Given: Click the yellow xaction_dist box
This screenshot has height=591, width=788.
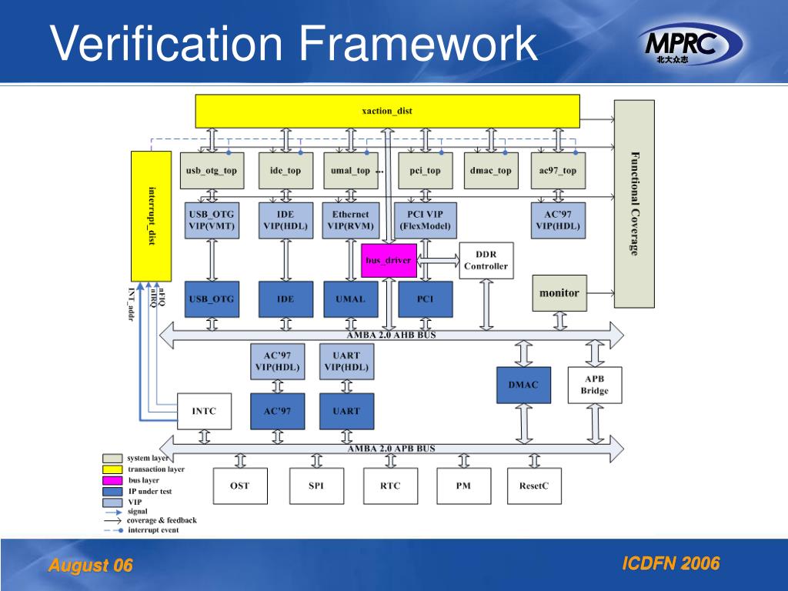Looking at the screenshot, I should coord(387,111).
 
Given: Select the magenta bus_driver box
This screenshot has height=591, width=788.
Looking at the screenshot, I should coord(389,260).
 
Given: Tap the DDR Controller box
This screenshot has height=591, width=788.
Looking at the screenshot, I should coord(486,260).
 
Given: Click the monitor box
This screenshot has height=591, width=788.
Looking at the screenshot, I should coord(559,292).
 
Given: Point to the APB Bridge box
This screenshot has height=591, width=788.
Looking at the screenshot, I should coord(594,385).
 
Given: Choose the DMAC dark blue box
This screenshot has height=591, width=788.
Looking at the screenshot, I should coord(523,385).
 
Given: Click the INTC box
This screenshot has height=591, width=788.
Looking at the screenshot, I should coord(204,411).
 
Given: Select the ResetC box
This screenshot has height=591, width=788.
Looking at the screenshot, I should coord(534,486).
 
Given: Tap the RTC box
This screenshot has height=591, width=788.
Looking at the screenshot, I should coord(389,486).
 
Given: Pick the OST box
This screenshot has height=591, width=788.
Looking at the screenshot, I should coord(239,486).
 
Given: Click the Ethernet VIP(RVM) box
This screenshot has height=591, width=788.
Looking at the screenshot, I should coord(350,220).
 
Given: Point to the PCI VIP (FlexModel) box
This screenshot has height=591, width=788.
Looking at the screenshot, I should coord(425,220).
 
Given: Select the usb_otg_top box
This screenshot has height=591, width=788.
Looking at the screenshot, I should coord(211,170).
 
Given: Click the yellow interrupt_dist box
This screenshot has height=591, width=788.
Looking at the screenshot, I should coord(152,216).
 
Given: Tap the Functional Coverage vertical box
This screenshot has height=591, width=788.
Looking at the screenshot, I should coord(633,203).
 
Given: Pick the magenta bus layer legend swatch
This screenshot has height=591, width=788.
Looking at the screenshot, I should coord(113,480).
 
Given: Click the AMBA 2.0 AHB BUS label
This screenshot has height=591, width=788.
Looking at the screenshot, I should coord(391,334).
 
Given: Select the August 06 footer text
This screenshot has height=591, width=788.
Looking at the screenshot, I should coord(91,566).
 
